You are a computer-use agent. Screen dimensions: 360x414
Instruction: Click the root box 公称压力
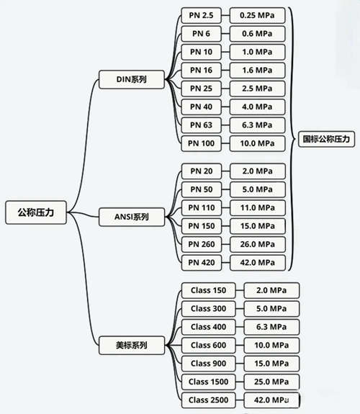click(x=36, y=212)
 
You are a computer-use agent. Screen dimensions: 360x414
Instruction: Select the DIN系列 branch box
click(x=132, y=79)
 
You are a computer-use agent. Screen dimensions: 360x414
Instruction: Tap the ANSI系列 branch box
click(x=132, y=217)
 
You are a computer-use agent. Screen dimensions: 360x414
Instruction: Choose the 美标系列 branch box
click(x=132, y=345)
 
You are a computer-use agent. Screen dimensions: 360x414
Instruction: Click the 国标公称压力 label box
click(x=326, y=139)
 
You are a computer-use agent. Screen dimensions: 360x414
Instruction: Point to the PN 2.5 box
click(x=202, y=15)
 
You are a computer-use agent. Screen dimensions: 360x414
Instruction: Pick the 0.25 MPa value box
click(x=258, y=15)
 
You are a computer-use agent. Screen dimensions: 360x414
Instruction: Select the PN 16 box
click(x=202, y=71)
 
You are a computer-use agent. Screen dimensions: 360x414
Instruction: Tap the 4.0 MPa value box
click(x=258, y=107)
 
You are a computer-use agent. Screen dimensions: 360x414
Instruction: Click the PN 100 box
click(x=202, y=143)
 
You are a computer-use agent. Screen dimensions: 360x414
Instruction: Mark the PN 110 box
click(x=202, y=208)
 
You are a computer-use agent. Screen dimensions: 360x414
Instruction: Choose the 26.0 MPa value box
click(x=258, y=244)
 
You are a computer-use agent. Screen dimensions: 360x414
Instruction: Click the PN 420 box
click(x=202, y=263)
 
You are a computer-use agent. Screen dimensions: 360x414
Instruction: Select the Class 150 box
click(x=208, y=290)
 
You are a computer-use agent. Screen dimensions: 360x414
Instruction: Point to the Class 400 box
click(x=208, y=327)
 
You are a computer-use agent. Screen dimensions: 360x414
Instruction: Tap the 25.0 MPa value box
click(x=271, y=382)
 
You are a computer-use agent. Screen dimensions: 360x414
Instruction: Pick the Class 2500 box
click(x=208, y=400)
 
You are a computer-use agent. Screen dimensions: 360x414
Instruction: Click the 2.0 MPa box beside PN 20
click(x=258, y=171)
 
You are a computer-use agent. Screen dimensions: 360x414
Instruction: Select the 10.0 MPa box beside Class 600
click(x=271, y=345)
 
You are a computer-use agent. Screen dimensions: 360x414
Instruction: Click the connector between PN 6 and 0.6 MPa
click(x=225, y=34)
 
